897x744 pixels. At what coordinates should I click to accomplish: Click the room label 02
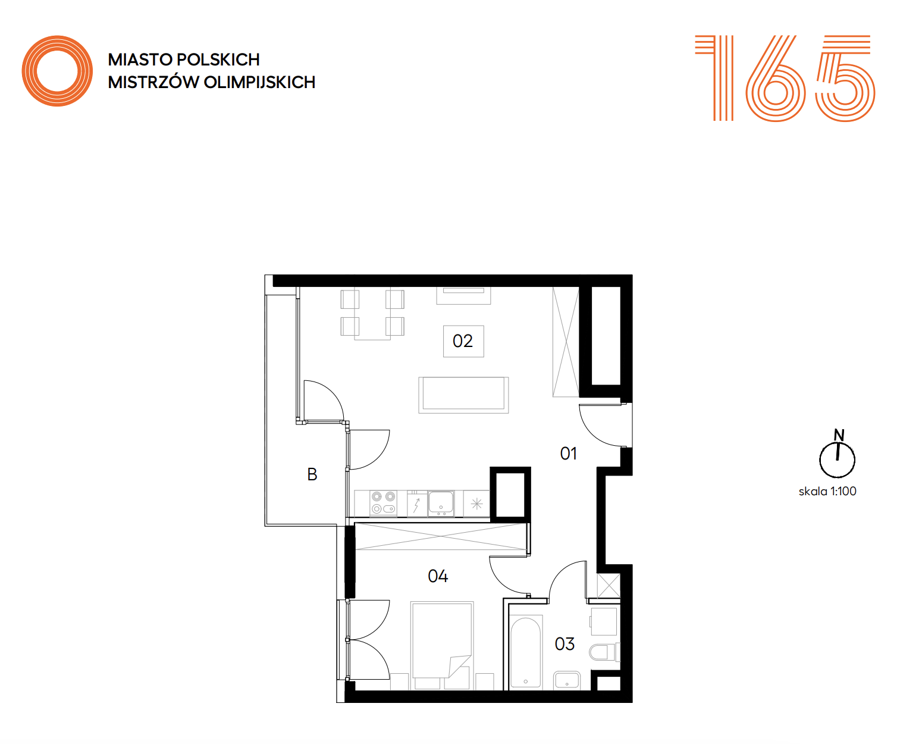462,341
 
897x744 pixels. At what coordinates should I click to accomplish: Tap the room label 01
568,454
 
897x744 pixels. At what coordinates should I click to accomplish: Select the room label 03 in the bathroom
564,644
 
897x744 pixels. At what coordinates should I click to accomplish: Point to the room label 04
438,576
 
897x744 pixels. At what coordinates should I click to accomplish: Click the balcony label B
312,474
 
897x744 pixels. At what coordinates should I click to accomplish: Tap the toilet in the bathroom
604,652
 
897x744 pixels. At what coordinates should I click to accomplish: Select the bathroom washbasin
567,680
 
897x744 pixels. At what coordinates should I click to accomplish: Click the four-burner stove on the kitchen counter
383,503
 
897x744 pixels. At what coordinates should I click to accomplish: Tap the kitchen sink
441,503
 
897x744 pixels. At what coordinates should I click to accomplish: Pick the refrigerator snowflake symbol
476,504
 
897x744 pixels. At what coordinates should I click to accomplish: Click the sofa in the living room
463,395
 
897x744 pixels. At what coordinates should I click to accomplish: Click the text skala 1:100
827,491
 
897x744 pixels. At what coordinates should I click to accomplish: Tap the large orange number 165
785,78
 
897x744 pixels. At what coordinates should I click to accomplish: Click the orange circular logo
57,71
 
